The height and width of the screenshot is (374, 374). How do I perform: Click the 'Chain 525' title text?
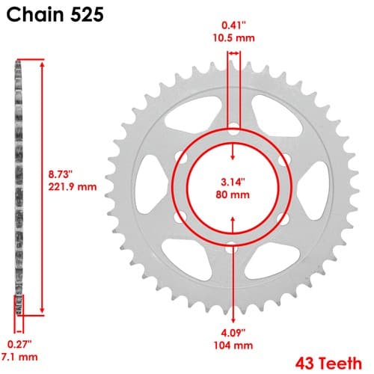55,15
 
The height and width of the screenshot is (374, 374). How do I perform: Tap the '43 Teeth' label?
328,364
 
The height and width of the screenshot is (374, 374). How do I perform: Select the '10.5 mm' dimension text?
233,38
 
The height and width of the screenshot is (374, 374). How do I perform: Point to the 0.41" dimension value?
233,25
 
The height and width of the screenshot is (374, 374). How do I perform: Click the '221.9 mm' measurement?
73,187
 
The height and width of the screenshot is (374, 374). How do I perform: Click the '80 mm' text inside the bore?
233,194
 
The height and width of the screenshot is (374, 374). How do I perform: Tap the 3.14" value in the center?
233,182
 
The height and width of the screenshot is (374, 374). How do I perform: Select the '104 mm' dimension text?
233,346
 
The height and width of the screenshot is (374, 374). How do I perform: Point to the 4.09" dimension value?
233,333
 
